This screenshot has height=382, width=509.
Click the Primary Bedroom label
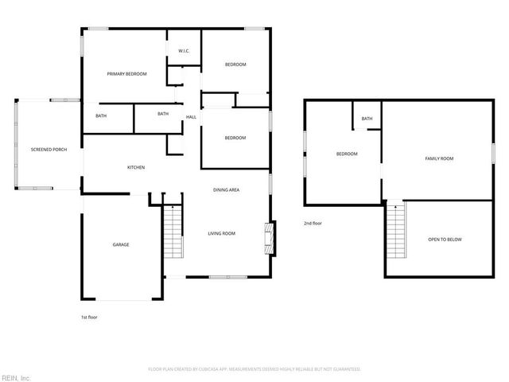[x=127, y=74]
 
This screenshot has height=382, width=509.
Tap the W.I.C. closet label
[x=183, y=52]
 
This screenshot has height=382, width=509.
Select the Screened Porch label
[x=49, y=150]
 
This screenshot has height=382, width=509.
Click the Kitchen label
[x=136, y=167]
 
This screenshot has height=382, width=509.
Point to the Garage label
[x=120, y=244]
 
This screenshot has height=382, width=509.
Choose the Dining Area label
[x=227, y=189]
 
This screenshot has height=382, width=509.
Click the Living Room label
[x=222, y=233]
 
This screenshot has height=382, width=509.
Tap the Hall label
[x=191, y=117]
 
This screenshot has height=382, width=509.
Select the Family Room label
[x=439, y=158]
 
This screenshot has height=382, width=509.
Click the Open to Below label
[x=445, y=240]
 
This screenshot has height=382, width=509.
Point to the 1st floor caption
[x=89, y=317]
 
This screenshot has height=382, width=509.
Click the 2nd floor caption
[x=313, y=224]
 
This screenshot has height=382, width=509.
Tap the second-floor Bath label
[x=367, y=119]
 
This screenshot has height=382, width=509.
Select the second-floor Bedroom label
[x=347, y=154]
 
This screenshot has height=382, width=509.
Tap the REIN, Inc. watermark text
[x=16, y=376]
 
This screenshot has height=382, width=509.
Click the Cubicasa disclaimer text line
[x=254, y=369]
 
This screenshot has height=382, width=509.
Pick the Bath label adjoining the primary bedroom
[x=101, y=116]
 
